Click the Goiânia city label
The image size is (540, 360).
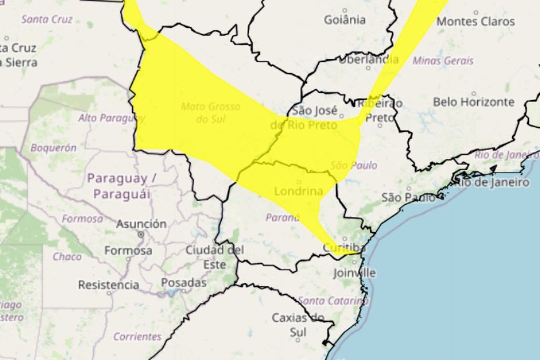(x=345, y=19)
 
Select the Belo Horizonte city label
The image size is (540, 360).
(x=473, y=102)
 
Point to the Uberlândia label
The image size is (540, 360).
(x=369, y=59)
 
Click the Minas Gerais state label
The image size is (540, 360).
(x=443, y=61)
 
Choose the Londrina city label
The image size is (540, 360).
(x=298, y=191)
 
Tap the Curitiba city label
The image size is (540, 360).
(x=344, y=248)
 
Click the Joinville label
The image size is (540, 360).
(x=355, y=273)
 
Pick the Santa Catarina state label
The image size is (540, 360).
(x=332, y=301)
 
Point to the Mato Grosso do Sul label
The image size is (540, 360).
(x=210, y=112)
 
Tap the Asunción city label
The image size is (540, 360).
(x=141, y=224)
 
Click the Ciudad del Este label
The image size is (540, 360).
(x=214, y=257)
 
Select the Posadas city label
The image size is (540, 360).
(x=184, y=282)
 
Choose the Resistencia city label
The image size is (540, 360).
(x=109, y=284)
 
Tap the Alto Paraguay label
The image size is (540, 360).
(x=111, y=118)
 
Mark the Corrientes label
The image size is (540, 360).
(x=137, y=336)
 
